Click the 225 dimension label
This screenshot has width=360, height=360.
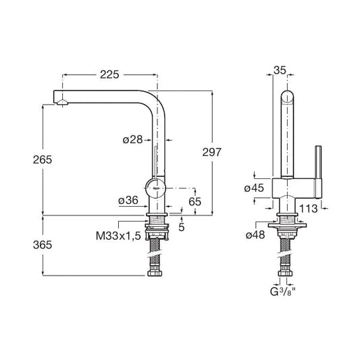(x=109, y=74)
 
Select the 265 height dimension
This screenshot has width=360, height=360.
(x=43, y=160)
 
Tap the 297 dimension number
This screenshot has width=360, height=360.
(x=212, y=152)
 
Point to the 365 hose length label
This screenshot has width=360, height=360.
(x=43, y=245)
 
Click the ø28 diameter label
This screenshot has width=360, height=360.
(x=132, y=140)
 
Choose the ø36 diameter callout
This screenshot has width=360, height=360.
(x=128, y=201)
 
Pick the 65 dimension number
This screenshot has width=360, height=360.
(x=195, y=202)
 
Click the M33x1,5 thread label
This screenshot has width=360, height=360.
(x=118, y=236)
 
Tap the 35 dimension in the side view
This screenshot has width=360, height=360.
(x=280, y=70)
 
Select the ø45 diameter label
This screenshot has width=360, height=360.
(x=254, y=188)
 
